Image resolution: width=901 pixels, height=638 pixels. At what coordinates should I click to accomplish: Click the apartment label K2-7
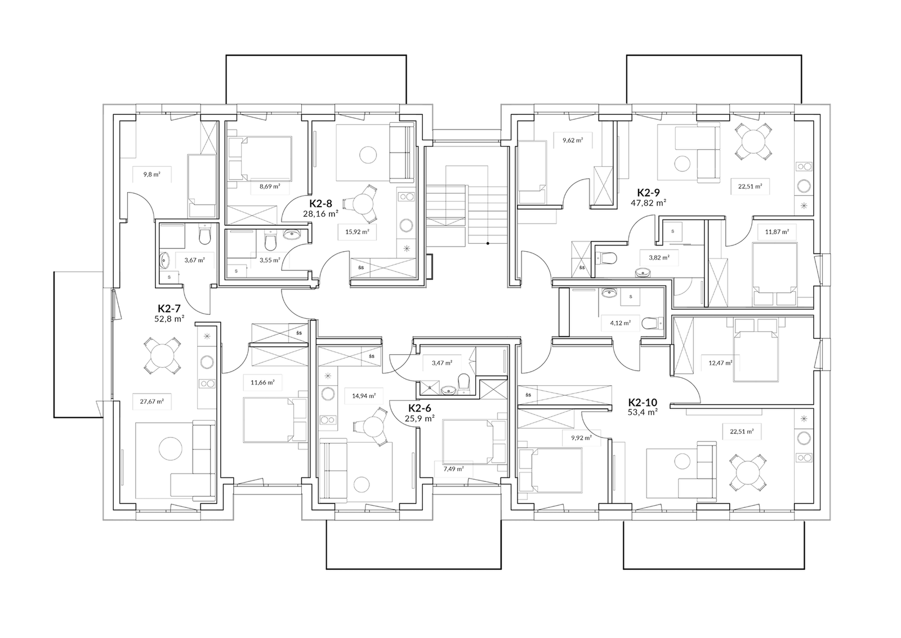(169, 309)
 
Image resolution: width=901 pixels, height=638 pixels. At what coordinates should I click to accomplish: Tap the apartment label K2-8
(320, 203)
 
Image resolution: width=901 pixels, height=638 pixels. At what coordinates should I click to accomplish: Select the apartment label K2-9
(648, 192)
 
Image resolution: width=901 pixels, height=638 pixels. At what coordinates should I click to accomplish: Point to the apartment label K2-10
(643, 402)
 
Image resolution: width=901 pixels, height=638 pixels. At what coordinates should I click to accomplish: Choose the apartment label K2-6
(420, 408)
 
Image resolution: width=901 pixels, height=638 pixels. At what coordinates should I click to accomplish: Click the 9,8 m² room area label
(151, 175)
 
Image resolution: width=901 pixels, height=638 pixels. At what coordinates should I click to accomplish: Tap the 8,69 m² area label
(270, 186)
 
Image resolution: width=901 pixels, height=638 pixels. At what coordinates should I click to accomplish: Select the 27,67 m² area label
(151, 401)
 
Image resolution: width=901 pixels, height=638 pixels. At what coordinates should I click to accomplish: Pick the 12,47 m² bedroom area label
(720, 363)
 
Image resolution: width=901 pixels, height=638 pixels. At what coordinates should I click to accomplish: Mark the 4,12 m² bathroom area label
(620, 322)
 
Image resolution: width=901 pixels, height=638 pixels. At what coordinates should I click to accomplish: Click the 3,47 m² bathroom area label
(441, 363)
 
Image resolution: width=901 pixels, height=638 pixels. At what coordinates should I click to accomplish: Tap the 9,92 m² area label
(581, 438)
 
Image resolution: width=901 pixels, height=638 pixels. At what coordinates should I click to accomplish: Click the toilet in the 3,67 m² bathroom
(205, 237)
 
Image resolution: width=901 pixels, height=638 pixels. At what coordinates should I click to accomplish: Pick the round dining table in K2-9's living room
(753, 141)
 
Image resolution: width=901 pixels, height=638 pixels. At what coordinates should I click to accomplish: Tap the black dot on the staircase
(488, 243)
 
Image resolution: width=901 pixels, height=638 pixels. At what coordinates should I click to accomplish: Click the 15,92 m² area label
(357, 231)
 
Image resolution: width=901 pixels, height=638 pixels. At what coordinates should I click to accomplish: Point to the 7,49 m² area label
(453, 469)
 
